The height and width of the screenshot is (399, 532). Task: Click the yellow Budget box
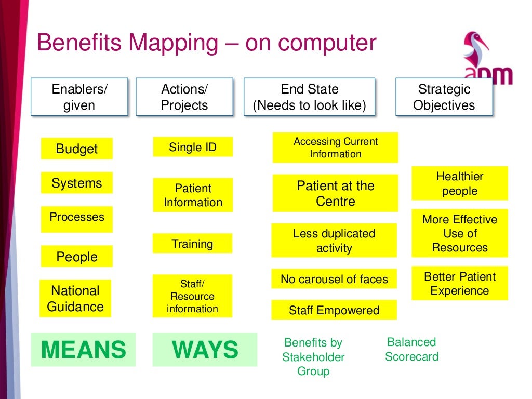(x=76, y=149)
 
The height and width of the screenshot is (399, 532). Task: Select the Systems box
(x=76, y=183)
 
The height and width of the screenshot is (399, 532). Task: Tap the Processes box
(x=76, y=219)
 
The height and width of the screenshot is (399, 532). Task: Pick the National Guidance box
(x=75, y=298)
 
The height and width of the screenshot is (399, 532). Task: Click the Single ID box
(x=193, y=147)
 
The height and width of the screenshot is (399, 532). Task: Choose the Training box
(x=192, y=244)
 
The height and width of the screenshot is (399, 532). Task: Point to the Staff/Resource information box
(x=192, y=296)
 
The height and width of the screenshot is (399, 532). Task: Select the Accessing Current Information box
(x=335, y=148)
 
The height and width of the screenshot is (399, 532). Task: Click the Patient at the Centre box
(x=335, y=193)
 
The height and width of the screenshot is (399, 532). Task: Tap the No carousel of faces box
(x=334, y=279)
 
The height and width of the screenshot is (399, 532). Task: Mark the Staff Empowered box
(x=334, y=310)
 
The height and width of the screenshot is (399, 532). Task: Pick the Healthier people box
(x=460, y=183)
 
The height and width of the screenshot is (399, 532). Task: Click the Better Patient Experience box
(x=460, y=283)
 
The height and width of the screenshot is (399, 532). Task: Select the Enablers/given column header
(x=79, y=97)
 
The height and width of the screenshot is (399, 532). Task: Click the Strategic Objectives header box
(x=444, y=97)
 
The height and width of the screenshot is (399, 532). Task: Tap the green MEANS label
(x=83, y=350)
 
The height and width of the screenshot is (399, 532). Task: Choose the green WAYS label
(x=205, y=350)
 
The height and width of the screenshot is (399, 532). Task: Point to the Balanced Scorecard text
(x=411, y=349)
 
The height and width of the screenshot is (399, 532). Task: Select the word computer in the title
(x=311, y=43)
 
